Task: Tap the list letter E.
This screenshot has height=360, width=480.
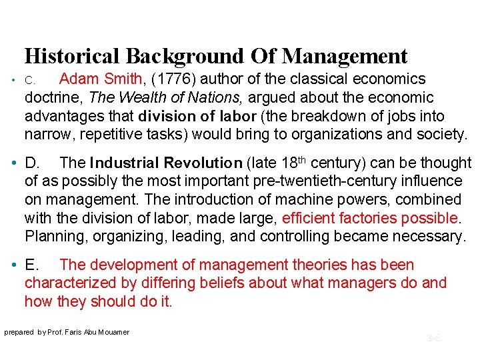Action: (31, 265)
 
